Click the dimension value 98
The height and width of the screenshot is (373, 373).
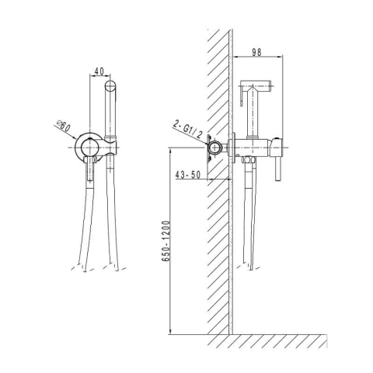pos(256,52)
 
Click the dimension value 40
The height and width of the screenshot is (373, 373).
pos(99,71)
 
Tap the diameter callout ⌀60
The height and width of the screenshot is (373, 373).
pos(64,126)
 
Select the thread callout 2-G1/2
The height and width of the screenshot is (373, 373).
pos(188,130)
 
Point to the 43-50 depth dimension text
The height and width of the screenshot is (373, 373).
pos(188,175)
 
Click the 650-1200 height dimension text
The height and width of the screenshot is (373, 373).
pos(166,241)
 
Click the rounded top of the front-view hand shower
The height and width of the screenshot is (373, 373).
pos(110,85)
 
